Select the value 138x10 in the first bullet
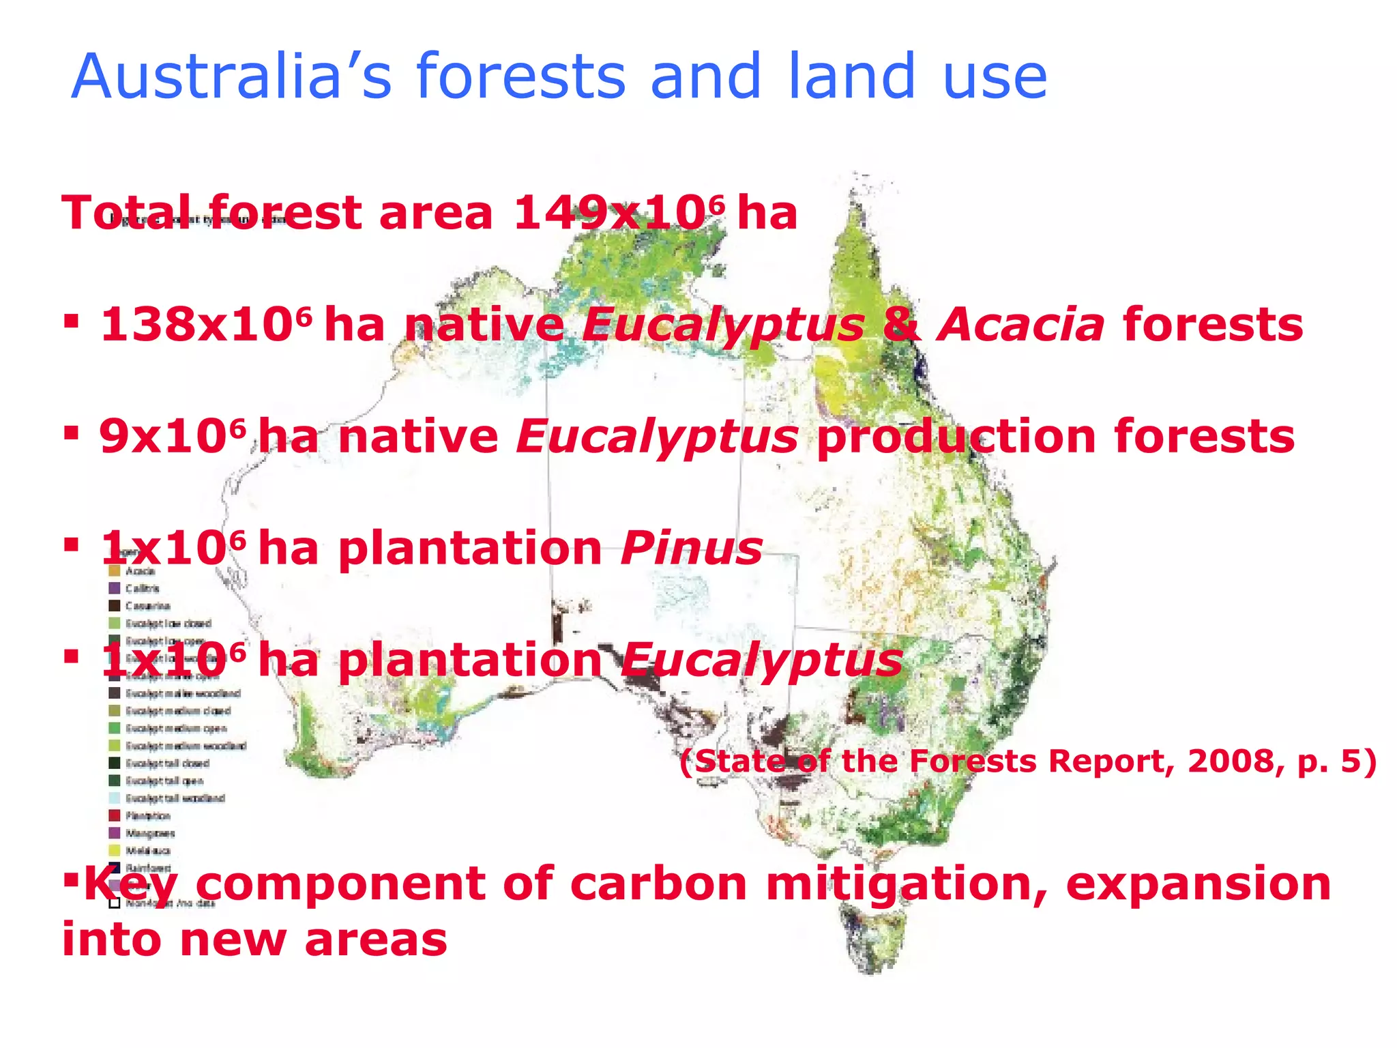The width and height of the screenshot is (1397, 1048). [197, 325]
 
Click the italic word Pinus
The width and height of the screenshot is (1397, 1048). [691, 549]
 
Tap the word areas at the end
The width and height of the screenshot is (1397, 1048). [375, 940]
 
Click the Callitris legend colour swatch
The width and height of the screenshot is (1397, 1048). [115, 588]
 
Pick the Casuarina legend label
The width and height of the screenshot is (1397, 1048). [148, 606]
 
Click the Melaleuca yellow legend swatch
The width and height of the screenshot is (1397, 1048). [115, 851]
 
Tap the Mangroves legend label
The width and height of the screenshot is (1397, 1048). [150, 833]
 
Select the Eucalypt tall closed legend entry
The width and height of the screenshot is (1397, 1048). [167, 763]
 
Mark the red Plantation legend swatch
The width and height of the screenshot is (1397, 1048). [115, 816]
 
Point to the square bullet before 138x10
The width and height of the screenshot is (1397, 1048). [71, 320]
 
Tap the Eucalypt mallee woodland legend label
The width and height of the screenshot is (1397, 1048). [183, 693]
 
